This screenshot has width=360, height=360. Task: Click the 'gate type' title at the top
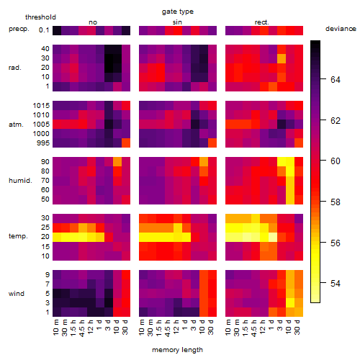[x=178, y=12]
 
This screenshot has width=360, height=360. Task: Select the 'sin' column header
[x=177, y=22]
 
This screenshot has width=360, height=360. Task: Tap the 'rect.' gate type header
[x=262, y=22]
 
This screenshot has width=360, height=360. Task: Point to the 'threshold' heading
[x=40, y=17]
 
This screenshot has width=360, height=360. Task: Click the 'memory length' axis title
[x=178, y=350]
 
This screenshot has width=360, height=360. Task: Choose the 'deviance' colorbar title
[x=341, y=29]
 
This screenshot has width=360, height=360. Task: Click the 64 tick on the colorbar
[x=336, y=79]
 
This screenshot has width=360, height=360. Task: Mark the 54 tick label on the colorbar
[x=336, y=284]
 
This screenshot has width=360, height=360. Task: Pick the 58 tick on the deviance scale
[x=336, y=202]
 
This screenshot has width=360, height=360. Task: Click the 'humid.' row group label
[x=20, y=181]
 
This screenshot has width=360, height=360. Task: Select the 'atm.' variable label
[x=16, y=125]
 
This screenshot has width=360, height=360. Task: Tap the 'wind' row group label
[x=17, y=294]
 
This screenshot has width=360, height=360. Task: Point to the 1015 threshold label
[x=41, y=106]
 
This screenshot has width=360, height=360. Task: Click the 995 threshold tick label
[x=43, y=143]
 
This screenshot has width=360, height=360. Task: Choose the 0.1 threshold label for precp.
[x=44, y=30]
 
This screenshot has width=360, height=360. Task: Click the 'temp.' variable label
[x=18, y=236]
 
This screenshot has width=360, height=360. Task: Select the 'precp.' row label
[x=19, y=30]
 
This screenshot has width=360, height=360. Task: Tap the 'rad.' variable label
[x=15, y=68]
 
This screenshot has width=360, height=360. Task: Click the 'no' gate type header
[x=93, y=22]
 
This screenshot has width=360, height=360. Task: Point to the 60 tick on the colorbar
[x=336, y=161]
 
